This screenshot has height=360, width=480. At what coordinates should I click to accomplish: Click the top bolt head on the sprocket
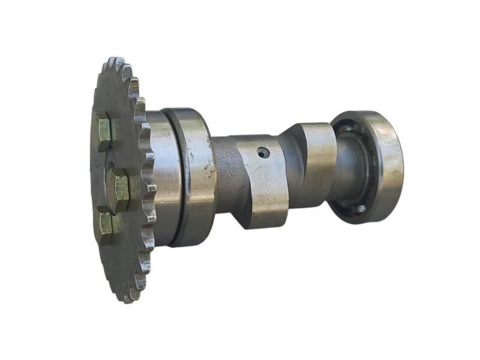click(x=103, y=131)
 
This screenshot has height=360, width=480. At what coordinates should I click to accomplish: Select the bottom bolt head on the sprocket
click(x=106, y=227)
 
